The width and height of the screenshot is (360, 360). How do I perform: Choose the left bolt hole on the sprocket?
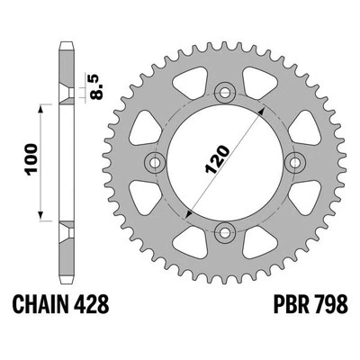[152, 163]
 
